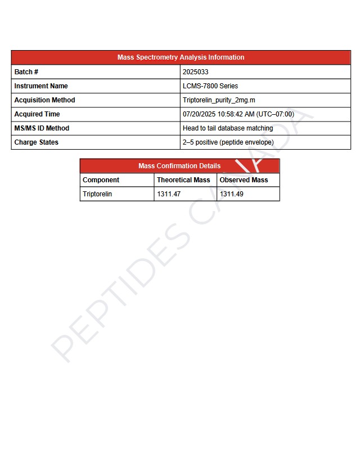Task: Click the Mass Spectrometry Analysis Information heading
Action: pos(181,57)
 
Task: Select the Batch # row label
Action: pos(26,72)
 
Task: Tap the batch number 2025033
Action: pos(195,72)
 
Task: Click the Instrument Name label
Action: pos(40,86)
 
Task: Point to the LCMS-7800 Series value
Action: pos(210,86)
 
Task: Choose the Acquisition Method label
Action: pos(44,100)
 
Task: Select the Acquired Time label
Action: pos(37,114)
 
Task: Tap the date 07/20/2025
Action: pos(199,114)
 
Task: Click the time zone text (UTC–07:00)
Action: pos(275,114)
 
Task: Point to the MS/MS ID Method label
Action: pos(42,128)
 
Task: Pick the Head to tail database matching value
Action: pos(227,128)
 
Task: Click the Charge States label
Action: pos(36,142)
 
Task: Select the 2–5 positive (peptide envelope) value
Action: pos(228,142)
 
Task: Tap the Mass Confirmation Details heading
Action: pos(179,166)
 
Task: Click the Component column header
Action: pos(101,180)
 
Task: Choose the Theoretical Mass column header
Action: pos(183,180)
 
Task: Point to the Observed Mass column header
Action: pos(244,180)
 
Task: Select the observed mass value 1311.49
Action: pos(232,194)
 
